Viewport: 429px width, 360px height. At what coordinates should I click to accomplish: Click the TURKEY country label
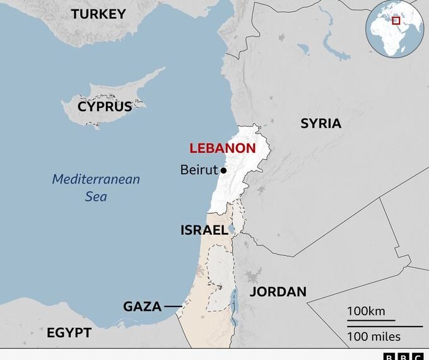(98, 14)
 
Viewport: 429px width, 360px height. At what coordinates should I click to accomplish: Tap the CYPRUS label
(105, 107)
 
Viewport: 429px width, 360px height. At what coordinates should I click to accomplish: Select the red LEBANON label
(223, 149)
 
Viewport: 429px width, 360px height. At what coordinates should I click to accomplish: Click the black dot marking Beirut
(223, 171)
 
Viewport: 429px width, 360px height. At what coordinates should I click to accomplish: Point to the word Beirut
(199, 170)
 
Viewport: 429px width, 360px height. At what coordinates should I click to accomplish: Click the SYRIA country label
(320, 123)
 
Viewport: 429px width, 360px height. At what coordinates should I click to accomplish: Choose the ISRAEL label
(204, 231)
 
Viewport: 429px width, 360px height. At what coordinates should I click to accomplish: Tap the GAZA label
(142, 307)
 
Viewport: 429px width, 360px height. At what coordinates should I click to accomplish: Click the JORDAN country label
(278, 292)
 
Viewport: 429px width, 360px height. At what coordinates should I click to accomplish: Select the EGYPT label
(69, 333)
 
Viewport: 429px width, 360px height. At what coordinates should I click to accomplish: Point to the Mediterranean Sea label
(96, 188)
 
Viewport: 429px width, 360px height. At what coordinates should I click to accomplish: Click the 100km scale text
(365, 311)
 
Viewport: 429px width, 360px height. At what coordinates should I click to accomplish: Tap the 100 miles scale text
(373, 335)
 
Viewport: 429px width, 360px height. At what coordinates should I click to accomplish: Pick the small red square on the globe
(397, 21)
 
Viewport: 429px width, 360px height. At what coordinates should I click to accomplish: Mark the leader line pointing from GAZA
(172, 307)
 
